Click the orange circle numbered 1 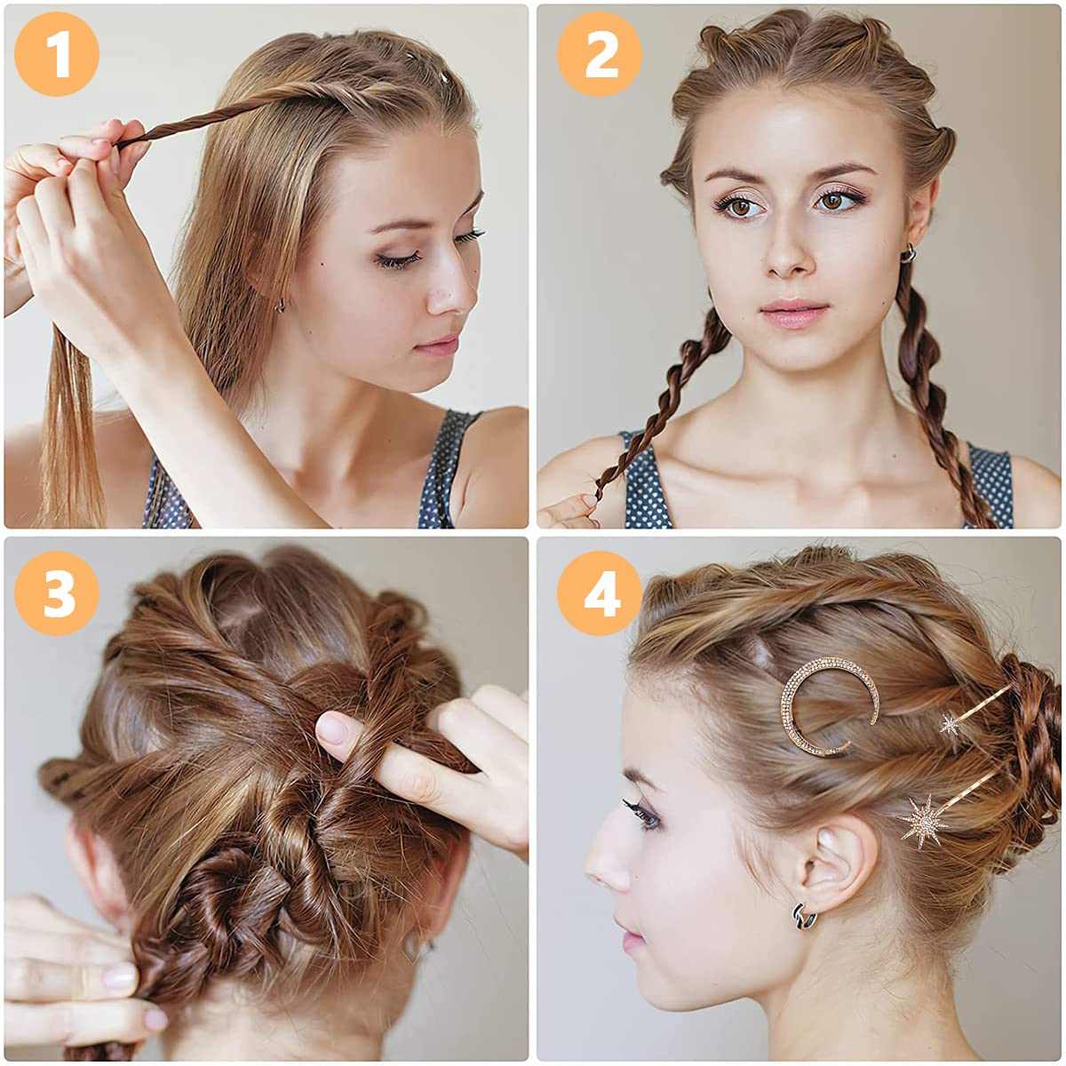(x=57, y=54)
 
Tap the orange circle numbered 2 (x=600, y=54)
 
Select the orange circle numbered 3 (x=57, y=593)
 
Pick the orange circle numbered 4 (x=600, y=593)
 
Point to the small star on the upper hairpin (x=951, y=724)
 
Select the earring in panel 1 (x=281, y=305)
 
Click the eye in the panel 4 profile (x=646, y=817)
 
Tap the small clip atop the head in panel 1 (x=442, y=76)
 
